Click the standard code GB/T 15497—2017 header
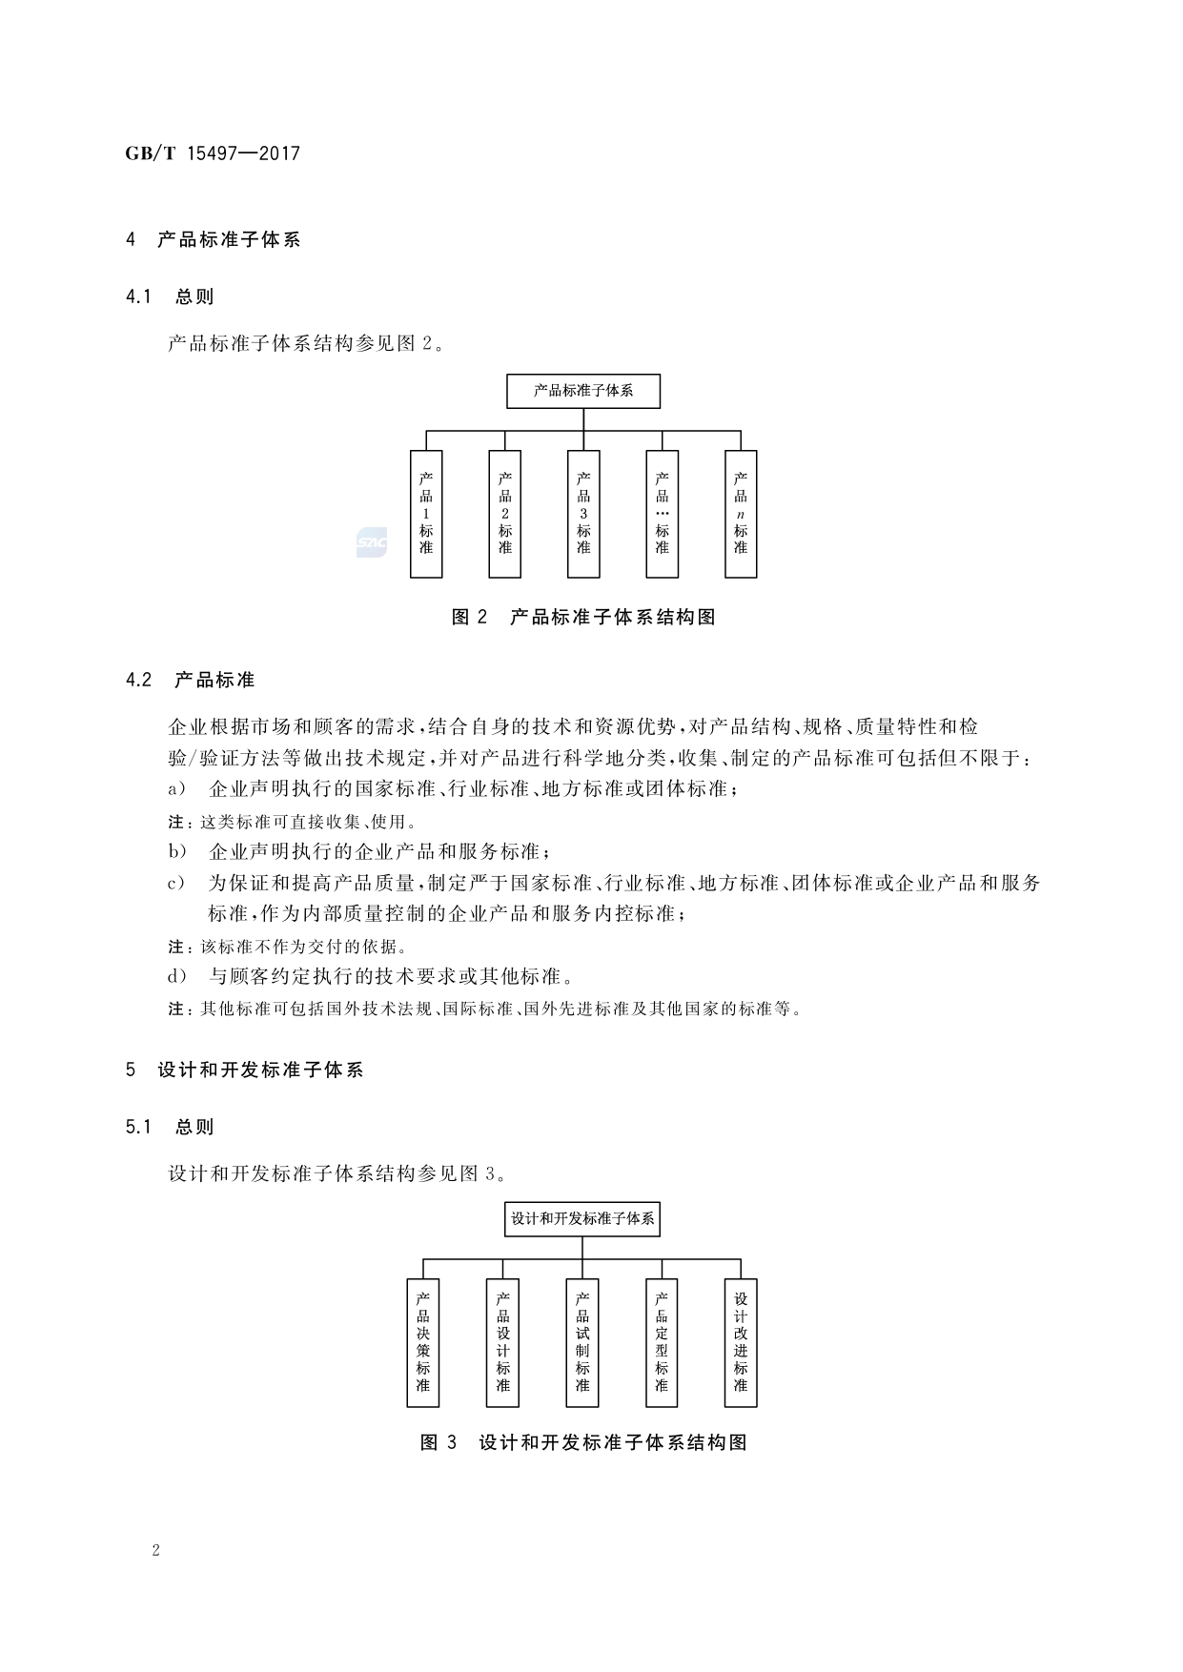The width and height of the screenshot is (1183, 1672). tap(213, 153)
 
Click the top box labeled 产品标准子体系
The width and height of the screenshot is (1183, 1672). tap(582, 391)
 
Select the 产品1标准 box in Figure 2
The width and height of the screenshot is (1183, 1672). tap(426, 514)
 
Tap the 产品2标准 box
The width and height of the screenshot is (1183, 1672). tap(504, 514)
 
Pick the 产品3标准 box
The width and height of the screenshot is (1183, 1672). tap(583, 514)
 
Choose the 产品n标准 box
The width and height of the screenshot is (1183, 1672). tap(741, 514)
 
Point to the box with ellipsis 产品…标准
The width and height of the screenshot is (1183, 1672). tap(662, 514)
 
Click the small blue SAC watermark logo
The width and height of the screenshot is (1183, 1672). tap(371, 542)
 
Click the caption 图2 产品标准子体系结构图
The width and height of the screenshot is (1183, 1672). tap(583, 617)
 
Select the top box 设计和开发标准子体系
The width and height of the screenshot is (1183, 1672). tap(582, 1218)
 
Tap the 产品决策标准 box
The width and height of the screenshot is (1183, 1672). tap(423, 1342)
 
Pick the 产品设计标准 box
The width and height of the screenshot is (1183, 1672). tap(503, 1342)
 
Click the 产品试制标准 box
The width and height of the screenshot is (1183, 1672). tap(582, 1342)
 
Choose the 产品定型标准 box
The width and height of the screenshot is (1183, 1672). tap(662, 1342)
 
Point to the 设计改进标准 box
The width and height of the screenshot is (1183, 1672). tap(741, 1342)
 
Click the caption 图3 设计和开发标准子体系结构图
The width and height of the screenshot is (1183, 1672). tap(583, 1442)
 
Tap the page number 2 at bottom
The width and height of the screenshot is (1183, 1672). tap(155, 1550)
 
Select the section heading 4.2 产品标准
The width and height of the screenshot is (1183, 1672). tap(190, 680)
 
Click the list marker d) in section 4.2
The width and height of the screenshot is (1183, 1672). tap(177, 976)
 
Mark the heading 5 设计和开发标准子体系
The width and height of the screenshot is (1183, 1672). tap(244, 1070)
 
